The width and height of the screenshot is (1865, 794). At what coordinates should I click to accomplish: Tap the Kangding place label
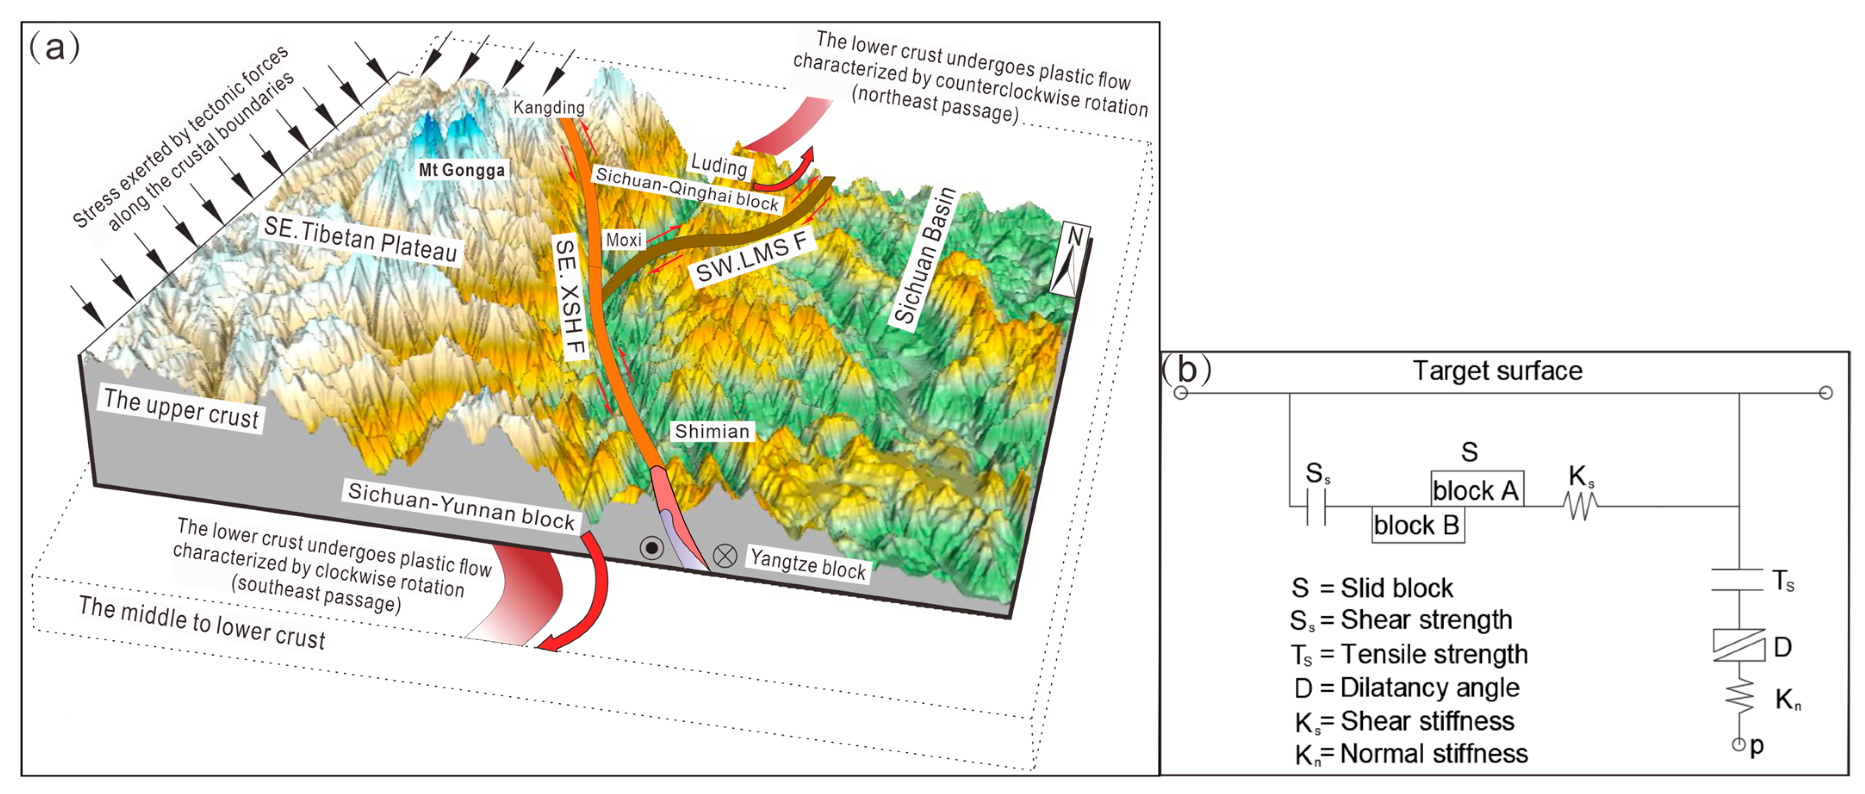point(549,108)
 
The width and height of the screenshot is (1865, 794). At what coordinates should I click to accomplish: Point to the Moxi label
point(624,239)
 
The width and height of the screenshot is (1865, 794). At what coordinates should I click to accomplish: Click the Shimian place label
point(712,431)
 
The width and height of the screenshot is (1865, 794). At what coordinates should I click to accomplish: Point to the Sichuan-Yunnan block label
point(461,505)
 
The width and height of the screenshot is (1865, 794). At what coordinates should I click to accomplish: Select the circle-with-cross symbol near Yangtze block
point(725,556)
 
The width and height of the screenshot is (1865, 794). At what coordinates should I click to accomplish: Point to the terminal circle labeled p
point(1738,744)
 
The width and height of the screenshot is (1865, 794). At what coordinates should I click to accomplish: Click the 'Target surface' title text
point(1497,371)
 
